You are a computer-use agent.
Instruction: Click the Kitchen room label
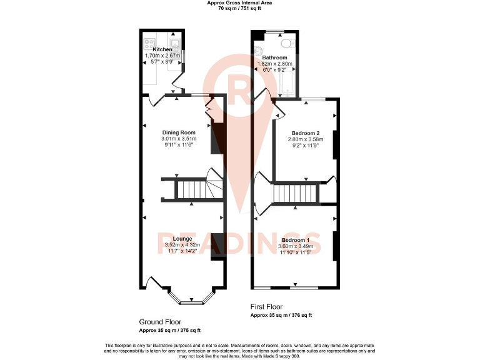pyautogui.click(x=162, y=49)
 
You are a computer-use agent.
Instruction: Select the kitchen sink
pyautogui.click(x=177, y=44)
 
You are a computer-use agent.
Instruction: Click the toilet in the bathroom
pyautogui.click(x=288, y=43)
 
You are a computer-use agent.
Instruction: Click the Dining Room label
pyautogui.click(x=179, y=132)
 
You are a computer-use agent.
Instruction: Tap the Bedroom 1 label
pyautogui.click(x=295, y=240)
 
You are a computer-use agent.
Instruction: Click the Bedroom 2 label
pyautogui.click(x=304, y=132)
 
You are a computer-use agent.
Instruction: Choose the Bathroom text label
pyautogui.click(x=275, y=57)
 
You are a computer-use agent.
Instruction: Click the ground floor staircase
pyautogui.click(x=191, y=189)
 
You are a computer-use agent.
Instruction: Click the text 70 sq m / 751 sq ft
pyautogui.click(x=239, y=9)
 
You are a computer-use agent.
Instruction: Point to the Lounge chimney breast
pyautogui.click(x=216, y=246)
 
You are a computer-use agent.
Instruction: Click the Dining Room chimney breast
pyautogui.click(x=216, y=137)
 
